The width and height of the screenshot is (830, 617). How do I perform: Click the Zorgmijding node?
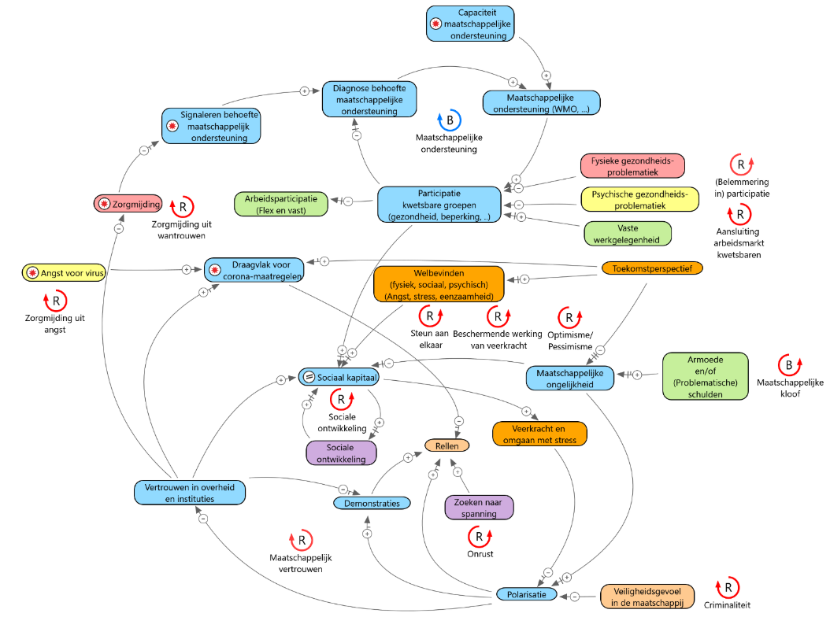pyautogui.click(x=128, y=204)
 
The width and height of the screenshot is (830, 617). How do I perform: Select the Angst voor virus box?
pyautogui.click(x=64, y=272)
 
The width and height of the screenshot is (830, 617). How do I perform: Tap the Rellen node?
pyautogui.click(x=446, y=445)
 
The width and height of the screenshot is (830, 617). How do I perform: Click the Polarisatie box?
pyautogui.click(x=526, y=594)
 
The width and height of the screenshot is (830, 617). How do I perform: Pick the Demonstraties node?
pyautogui.click(x=372, y=503)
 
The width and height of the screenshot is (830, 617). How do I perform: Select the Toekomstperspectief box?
pyautogui.click(x=652, y=268)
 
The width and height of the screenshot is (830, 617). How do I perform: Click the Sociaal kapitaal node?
pyautogui.click(x=339, y=377)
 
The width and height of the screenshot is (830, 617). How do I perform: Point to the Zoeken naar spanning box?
pyautogui.click(x=479, y=508)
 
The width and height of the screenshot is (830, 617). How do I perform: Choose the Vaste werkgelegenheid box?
pyautogui.click(x=628, y=234)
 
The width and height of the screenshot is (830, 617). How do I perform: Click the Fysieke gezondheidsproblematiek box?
pyautogui.click(x=632, y=166)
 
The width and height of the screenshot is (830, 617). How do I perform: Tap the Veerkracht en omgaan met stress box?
pyautogui.click(x=539, y=434)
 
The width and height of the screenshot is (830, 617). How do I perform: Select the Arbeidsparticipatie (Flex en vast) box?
pyautogui.click(x=281, y=205)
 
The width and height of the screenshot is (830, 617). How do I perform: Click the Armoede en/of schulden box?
pyautogui.click(x=705, y=376)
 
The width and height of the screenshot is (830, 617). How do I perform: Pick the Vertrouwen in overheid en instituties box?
pyautogui.click(x=190, y=493)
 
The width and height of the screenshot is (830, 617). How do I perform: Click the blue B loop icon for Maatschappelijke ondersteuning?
pyautogui.click(x=450, y=120)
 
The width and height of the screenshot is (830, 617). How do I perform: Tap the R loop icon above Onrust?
pyautogui.click(x=480, y=537)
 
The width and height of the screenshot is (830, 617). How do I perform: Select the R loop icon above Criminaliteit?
pyautogui.click(x=728, y=587)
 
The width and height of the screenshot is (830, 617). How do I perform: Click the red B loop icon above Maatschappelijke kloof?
pyautogui.click(x=790, y=365)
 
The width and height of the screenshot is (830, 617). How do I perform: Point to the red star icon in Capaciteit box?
pyautogui.click(x=435, y=24)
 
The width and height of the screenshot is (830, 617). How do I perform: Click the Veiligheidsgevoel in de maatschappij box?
pyautogui.click(x=647, y=597)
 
